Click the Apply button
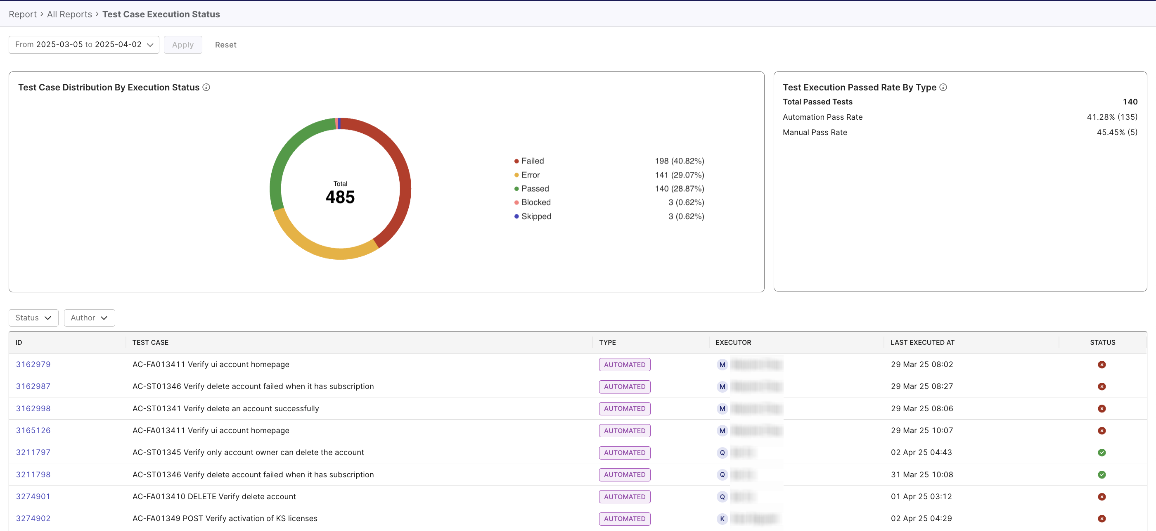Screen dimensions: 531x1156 (x=182, y=45)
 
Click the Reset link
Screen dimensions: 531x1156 (x=225, y=45)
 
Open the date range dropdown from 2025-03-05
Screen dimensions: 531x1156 (x=84, y=45)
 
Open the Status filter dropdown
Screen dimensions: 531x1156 (x=33, y=318)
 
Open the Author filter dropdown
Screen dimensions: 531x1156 (x=89, y=318)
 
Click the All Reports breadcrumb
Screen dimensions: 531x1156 (x=69, y=14)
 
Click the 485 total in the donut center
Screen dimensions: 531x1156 (x=340, y=197)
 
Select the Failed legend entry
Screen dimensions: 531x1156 (x=532, y=161)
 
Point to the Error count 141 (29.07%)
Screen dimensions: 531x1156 (x=679, y=175)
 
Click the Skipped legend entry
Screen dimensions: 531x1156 (x=536, y=216)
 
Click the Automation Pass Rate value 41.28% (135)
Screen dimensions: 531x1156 (x=1111, y=117)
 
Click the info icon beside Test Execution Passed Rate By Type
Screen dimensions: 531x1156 (x=943, y=88)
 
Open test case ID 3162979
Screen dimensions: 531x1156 (x=33, y=365)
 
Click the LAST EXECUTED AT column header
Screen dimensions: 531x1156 (x=922, y=342)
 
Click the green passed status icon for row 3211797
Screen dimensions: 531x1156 (x=1101, y=453)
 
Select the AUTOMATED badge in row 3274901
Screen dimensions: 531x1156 (x=624, y=496)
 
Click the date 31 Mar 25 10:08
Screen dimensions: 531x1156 (x=922, y=474)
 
